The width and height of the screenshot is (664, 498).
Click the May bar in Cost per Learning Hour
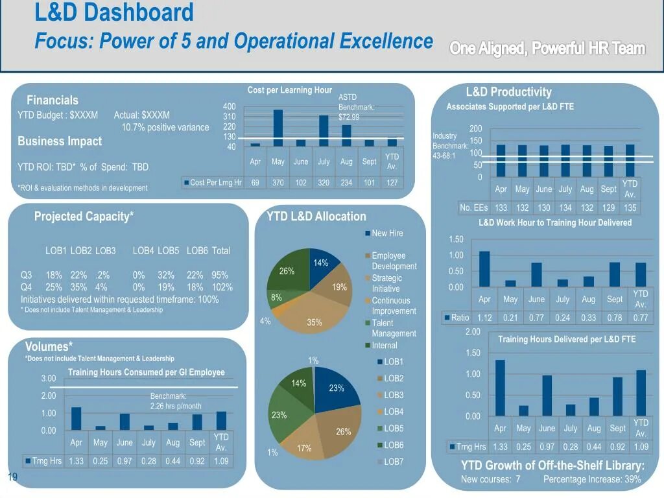pyautogui.click(x=278, y=128)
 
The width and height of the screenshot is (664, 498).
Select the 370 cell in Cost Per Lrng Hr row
pyautogui.click(x=278, y=183)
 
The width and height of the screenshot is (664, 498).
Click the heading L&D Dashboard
pyautogui.click(x=114, y=12)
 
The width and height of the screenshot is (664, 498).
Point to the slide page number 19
pyautogui.click(x=12, y=478)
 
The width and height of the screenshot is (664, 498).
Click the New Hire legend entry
pyautogui.click(x=386, y=233)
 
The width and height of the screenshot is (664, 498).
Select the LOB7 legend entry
pyautogui.click(x=393, y=462)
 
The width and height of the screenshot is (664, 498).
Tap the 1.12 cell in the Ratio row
pyautogui.click(x=484, y=318)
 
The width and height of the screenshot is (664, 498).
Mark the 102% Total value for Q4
pyautogui.click(x=221, y=287)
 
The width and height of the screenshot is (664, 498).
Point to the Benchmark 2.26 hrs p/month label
pyautogui.click(x=175, y=401)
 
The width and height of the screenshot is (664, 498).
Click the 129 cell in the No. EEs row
pyautogui.click(x=608, y=208)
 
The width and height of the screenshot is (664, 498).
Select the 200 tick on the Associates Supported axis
pyautogui.click(x=476, y=128)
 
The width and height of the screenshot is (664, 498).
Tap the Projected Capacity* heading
pyautogui.click(x=84, y=217)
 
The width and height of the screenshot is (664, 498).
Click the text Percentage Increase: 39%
pyautogui.click(x=591, y=479)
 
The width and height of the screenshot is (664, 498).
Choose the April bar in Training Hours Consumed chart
pyautogui.click(x=77, y=418)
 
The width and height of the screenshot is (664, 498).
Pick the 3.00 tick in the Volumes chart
pyautogui.click(x=49, y=379)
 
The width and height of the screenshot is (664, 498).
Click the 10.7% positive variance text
pyautogui.click(x=165, y=127)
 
